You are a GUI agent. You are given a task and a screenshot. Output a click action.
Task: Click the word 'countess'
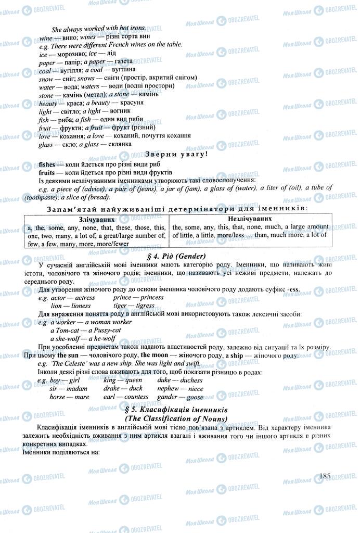(137, 397)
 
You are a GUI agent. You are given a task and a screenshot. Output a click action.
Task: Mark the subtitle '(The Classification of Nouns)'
(177, 419)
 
